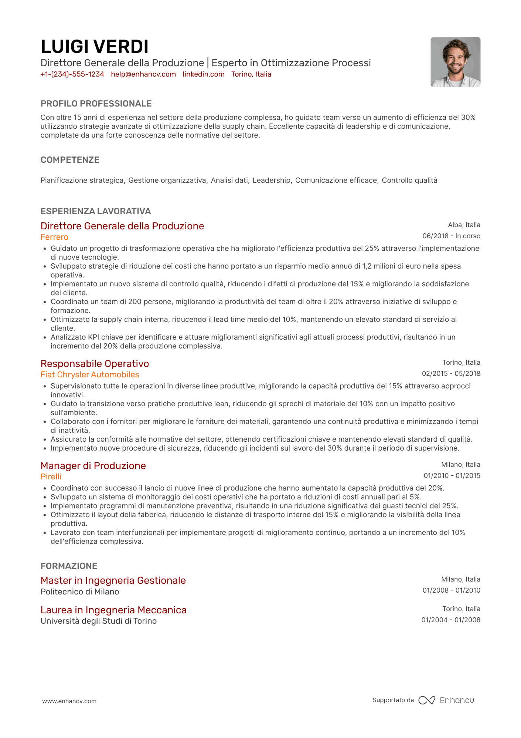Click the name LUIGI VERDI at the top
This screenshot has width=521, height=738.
[x=95, y=47]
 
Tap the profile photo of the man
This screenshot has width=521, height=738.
[x=455, y=62]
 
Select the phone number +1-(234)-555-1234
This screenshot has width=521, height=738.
[x=72, y=74]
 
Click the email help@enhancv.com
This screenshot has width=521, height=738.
[x=143, y=74]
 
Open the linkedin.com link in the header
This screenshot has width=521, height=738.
[x=204, y=74]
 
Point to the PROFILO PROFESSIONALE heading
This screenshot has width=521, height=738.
[x=96, y=104]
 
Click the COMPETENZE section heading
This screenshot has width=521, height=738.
[x=70, y=160]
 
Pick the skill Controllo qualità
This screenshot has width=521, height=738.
[x=409, y=181]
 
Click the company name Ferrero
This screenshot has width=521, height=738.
[x=54, y=237]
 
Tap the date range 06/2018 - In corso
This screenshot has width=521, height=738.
[x=451, y=236]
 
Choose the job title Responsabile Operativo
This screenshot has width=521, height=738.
[x=95, y=364]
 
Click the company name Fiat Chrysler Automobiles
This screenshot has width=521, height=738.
[x=90, y=375]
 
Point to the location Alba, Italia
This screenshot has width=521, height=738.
[x=464, y=225]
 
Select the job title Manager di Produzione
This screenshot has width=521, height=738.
[x=93, y=466]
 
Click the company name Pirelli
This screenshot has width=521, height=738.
[x=51, y=477]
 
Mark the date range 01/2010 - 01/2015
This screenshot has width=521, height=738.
[x=452, y=476]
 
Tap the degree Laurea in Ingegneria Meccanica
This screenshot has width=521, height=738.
[x=113, y=610]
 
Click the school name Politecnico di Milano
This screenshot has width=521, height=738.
[x=80, y=592]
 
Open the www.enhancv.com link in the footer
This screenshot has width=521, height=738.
[x=69, y=701]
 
